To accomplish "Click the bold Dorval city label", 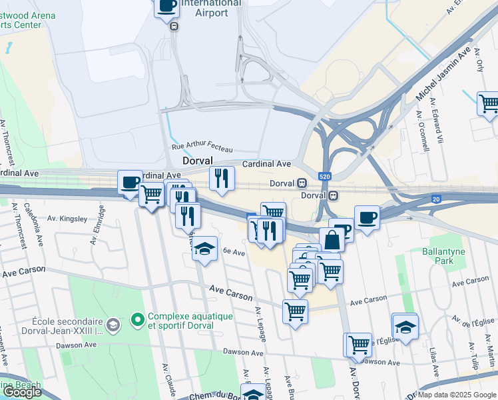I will [x=198, y=161].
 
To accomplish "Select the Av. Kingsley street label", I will [x=67, y=219].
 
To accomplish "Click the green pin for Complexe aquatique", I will [x=138, y=321].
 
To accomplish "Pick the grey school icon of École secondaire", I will [x=113, y=325].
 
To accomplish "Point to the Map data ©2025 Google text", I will [x=457, y=395].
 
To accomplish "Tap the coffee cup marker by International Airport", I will [x=167, y=7].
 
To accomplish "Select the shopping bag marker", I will [x=332, y=239].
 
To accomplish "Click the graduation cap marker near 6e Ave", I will [x=205, y=249].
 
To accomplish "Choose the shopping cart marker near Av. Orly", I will [x=489, y=103].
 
